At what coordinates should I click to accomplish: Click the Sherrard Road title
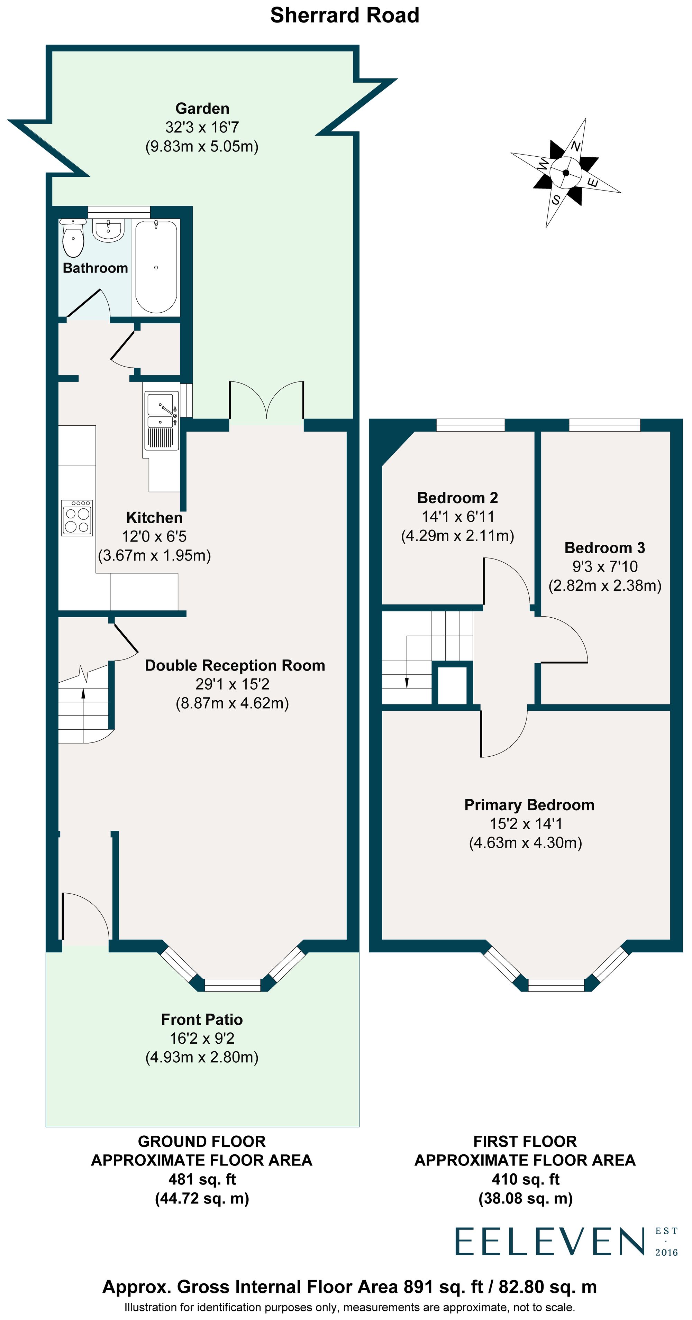pos(345,15)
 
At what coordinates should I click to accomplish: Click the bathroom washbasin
pos(108,230)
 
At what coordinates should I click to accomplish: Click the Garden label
pos(202,109)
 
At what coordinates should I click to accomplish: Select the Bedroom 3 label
pos(604,548)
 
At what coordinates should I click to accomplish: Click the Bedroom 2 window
pos(470,425)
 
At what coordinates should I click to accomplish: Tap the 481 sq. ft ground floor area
pos(202,1179)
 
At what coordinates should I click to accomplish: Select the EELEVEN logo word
pos(549,1241)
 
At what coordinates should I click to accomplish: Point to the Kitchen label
pos(154,518)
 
